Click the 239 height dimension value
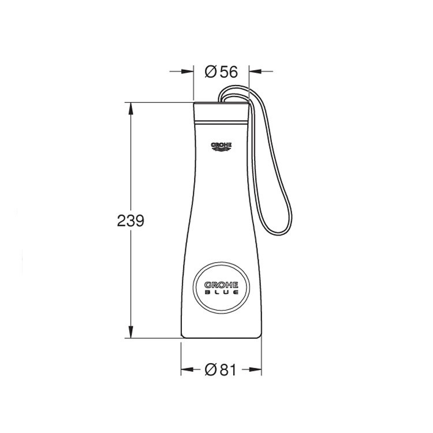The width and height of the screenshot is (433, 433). [130, 220]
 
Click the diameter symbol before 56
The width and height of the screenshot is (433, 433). [211, 72]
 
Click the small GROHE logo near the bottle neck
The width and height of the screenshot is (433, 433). [221, 145]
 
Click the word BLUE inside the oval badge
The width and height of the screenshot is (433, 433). [221, 293]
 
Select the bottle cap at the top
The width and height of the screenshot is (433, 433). [221, 112]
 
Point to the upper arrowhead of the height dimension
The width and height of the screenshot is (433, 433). [131, 107]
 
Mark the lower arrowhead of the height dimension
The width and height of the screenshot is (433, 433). [131, 333]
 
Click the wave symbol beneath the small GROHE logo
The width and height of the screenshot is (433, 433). [221, 151]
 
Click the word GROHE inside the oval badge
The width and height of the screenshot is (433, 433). [221, 284]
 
